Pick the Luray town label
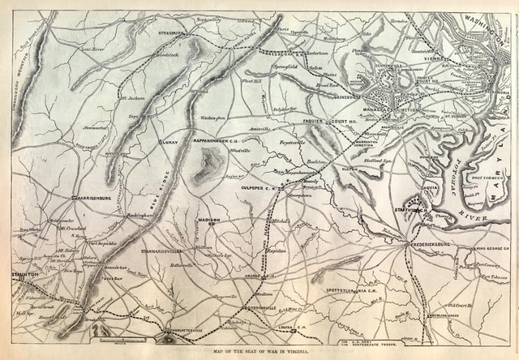pos(169,139)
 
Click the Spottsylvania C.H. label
pos(351,289)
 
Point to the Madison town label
pos(209,220)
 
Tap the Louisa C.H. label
pos(289,329)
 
